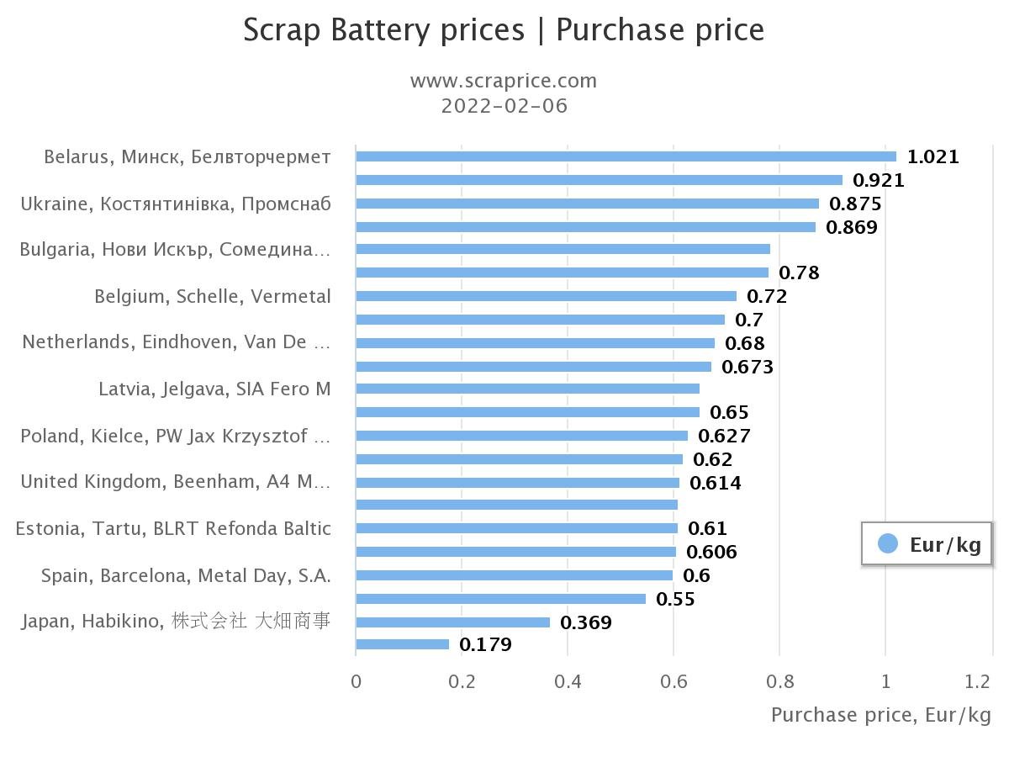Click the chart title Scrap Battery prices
coord(383,30)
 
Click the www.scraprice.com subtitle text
coord(503,81)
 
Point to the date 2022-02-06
coord(504,106)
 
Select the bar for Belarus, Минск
coord(626,156)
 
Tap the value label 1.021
coord(932,156)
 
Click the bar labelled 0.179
coord(403,644)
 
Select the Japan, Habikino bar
coord(452,622)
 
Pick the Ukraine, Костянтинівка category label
coord(176,204)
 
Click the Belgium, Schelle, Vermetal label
coord(213,296)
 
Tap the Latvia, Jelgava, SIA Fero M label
coord(214,389)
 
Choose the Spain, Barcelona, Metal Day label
coord(186,575)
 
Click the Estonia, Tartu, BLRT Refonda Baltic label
coord(173,528)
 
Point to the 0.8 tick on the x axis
coord(779,680)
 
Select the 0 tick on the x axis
coord(357,680)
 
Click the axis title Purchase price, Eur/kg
coord(880,715)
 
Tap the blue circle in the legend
coord(887,543)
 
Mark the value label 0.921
coord(878,180)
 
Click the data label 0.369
coord(585,622)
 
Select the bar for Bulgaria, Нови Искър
coord(563,249)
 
